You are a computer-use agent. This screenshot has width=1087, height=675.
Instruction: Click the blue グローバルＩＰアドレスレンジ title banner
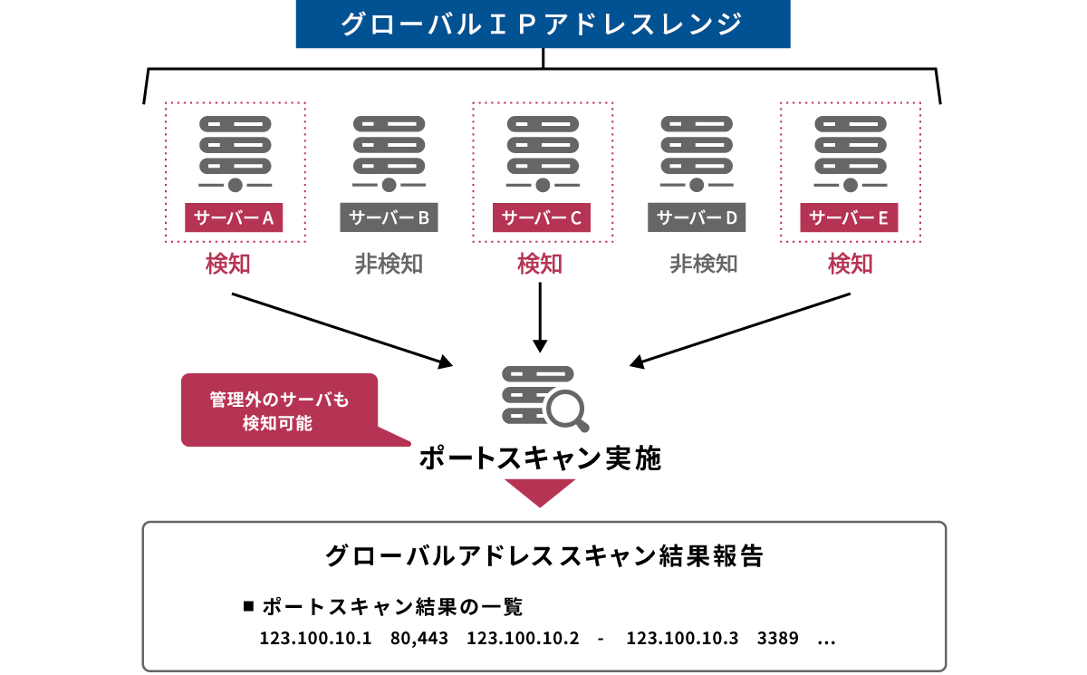point(543,24)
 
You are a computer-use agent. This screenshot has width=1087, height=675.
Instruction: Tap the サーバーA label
point(234,217)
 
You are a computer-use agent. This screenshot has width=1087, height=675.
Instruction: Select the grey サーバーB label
point(389,217)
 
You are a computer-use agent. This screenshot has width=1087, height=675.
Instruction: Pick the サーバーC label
point(542,217)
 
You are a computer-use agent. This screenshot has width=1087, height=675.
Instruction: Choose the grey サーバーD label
point(697,217)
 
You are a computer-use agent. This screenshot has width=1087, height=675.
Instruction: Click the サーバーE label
point(850,217)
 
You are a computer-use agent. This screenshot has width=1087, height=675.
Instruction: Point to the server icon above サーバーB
point(389,153)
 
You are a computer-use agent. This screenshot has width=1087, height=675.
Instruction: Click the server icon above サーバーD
point(697,153)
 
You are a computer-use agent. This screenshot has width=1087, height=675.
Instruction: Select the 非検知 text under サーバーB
point(389,264)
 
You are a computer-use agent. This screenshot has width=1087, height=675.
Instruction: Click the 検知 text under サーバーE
point(850,264)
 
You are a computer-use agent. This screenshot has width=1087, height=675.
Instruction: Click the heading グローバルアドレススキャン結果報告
point(543,555)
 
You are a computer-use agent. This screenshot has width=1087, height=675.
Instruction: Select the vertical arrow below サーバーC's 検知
point(541,317)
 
